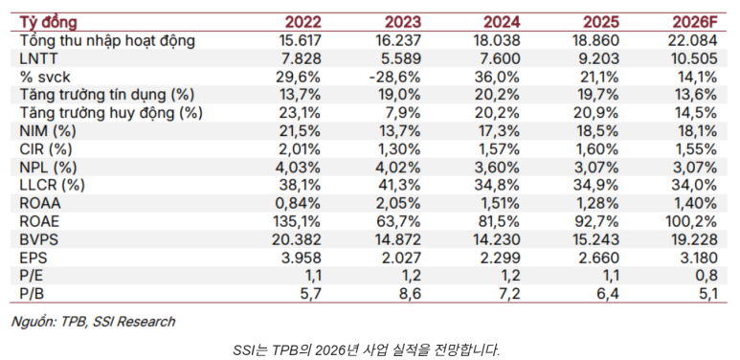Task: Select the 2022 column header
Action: coord(303,22)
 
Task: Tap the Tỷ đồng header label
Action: coord(48,23)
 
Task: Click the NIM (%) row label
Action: coord(48,131)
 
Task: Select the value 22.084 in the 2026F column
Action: coord(692,40)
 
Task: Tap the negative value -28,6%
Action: coord(395,77)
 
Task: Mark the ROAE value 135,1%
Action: coord(298,221)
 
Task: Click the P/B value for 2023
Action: coord(409,294)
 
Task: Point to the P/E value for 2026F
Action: coord(706,276)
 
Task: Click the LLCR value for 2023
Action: coord(398,186)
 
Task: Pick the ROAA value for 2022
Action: coord(298,203)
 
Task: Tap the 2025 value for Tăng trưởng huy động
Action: coord(595,113)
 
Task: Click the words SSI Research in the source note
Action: coord(134,322)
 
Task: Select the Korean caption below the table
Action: coord(366,350)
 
